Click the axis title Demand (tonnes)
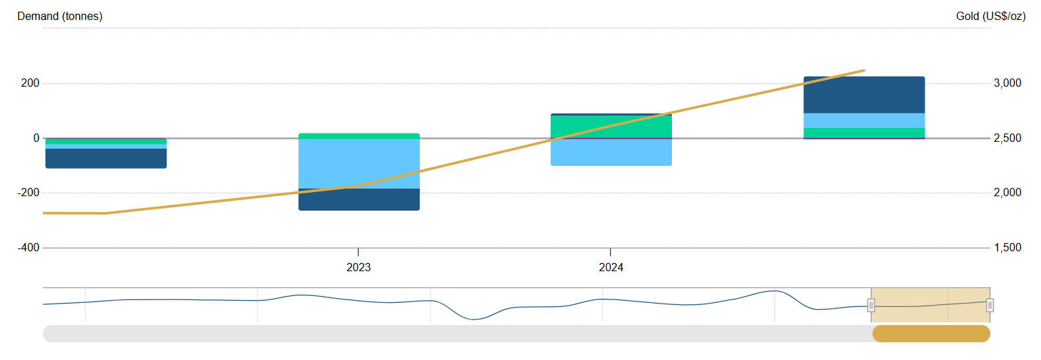60,17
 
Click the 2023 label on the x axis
358,268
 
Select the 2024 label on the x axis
611,268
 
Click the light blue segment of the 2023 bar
359,162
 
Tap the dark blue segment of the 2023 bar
359,200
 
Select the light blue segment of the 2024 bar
611,152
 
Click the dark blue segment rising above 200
864,95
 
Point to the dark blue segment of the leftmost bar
106,158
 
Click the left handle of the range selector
871,305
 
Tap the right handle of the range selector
989,305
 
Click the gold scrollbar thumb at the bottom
931,334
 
